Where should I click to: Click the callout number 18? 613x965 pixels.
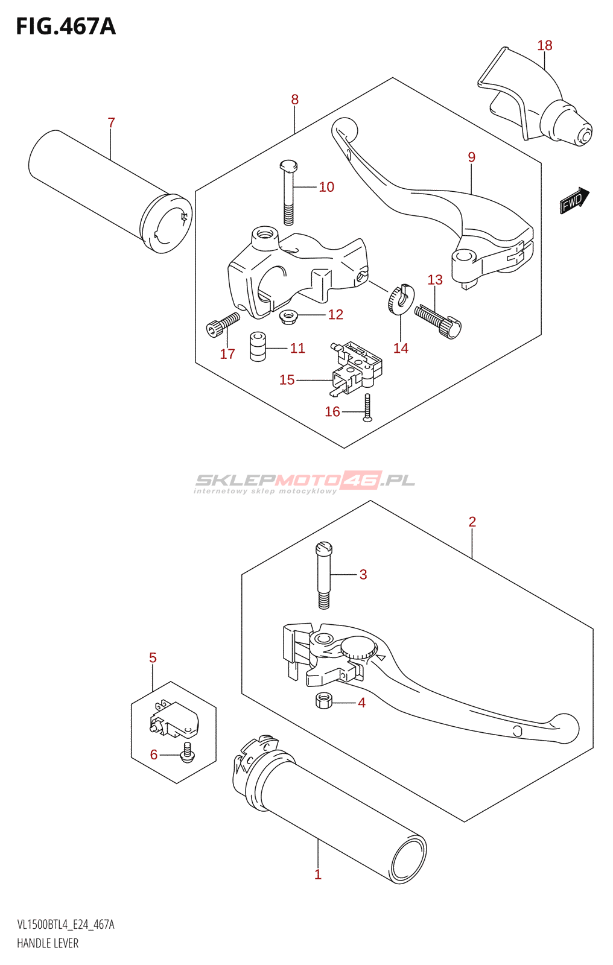pyautogui.click(x=544, y=45)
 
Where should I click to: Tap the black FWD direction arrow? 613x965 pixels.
pyautogui.click(x=574, y=200)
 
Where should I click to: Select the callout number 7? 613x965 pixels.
pyautogui.click(x=111, y=122)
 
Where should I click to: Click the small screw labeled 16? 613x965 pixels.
pyautogui.click(x=367, y=408)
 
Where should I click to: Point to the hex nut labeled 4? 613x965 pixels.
pyautogui.click(x=324, y=701)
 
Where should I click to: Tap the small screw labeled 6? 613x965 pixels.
pyautogui.click(x=187, y=753)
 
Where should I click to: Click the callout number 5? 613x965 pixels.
pyautogui.click(x=153, y=657)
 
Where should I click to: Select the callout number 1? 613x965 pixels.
pyautogui.click(x=318, y=874)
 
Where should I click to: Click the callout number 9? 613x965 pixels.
pyautogui.click(x=471, y=157)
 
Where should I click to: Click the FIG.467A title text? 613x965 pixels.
pyautogui.click(x=65, y=26)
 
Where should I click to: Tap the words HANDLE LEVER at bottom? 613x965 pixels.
pyautogui.click(x=48, y=943)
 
